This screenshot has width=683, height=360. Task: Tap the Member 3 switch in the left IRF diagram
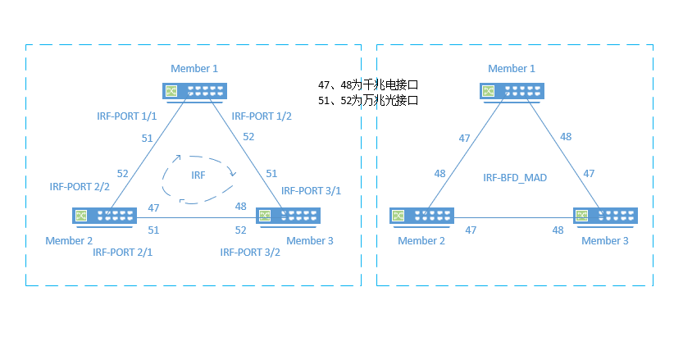288,216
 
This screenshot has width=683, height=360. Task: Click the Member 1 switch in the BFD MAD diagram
512,91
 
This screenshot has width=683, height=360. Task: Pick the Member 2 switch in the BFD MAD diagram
421,216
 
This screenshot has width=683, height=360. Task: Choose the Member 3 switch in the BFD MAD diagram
605,216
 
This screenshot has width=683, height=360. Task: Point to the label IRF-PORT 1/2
262,116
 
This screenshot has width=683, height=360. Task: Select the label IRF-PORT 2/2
80,187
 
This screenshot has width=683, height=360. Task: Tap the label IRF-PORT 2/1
123,252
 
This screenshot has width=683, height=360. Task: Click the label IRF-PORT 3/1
311,190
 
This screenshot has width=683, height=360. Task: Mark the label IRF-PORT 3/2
250,252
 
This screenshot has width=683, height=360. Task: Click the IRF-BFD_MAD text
515,177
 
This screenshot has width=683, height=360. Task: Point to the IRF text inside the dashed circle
198,175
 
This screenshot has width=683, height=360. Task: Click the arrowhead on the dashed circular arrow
233,173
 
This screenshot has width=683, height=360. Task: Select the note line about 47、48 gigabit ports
368,84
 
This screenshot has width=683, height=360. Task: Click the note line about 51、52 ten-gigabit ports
368,99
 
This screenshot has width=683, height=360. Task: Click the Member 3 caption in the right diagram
605,240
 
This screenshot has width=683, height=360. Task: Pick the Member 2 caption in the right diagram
421,240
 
